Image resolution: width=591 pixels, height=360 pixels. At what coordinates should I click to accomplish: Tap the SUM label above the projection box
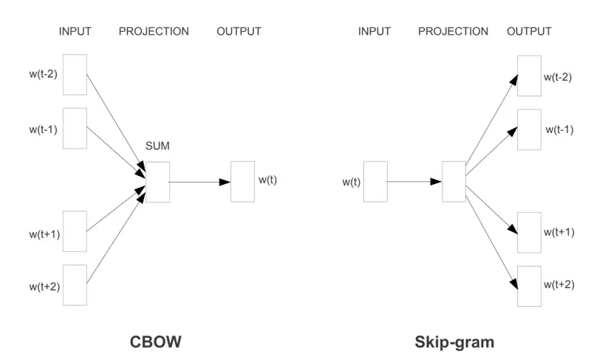pos(157,146)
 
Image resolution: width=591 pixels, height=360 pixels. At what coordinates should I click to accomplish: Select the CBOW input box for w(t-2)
pos(75,74)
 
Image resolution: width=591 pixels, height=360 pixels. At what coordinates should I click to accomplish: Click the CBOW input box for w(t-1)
pos(75,128)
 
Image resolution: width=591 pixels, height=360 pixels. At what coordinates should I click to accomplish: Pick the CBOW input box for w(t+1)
pos(75,231)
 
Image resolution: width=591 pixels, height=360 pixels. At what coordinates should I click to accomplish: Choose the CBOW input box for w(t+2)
pos(75,285)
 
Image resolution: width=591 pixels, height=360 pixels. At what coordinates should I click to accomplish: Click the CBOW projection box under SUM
pos(158,181)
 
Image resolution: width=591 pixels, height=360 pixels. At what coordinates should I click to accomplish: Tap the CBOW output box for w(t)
pos(242,181)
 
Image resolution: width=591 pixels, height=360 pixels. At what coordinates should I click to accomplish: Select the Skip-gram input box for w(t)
pos(375,181)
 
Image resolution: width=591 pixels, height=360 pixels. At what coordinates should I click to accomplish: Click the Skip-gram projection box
pos(454,181)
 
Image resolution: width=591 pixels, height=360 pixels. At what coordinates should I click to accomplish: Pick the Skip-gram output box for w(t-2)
pos(529,75)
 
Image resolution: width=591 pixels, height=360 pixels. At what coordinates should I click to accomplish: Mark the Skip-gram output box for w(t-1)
pos(529,129)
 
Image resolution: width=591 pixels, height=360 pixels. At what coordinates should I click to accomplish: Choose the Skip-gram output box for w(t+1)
pos(529,232)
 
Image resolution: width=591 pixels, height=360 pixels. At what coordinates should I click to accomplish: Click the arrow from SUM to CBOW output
pos(199,181)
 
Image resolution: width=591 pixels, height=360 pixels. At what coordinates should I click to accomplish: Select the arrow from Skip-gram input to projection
pos(414,181)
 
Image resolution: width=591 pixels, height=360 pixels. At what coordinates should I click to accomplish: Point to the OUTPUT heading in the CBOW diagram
pos(239,31)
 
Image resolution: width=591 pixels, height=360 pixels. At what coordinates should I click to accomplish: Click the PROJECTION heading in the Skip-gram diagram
pos(453,31)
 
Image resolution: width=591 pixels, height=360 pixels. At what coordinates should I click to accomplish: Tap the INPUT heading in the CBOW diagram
pos(75,31)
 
